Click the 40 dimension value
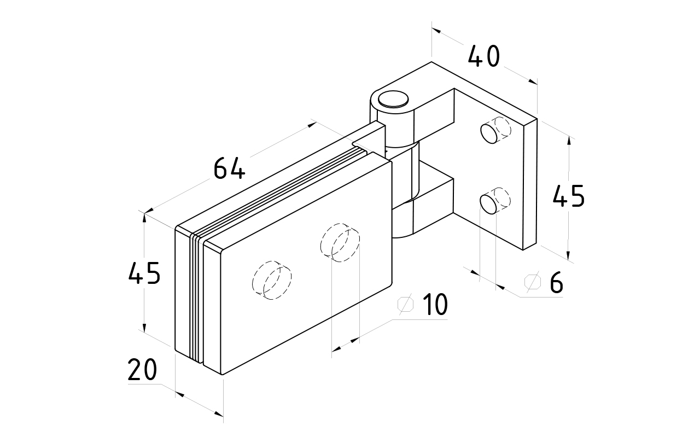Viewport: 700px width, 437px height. pos(484,56)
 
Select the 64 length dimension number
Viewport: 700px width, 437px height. pos(229,168)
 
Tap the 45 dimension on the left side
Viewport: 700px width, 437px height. pos(144,273)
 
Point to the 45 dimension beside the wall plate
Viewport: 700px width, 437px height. pos(568,196)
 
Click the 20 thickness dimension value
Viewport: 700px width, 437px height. pos(142,370)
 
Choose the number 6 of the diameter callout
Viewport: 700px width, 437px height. pos(556,282)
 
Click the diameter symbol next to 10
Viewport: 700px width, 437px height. pos(406,304)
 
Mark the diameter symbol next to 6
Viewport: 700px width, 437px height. pos(532,282)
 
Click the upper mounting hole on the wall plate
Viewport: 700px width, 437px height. pos(490,133)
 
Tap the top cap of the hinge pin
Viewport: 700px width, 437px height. pos(394,98)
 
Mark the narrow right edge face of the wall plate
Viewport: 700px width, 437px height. pos(530,184)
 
